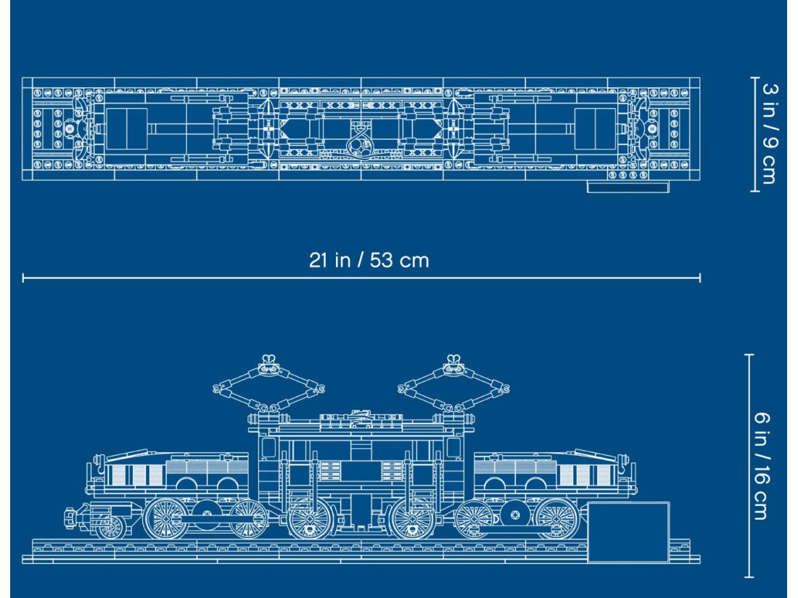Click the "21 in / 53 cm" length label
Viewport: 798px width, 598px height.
pyautogui.click(x=369, y=260)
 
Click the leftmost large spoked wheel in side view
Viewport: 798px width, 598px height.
pyautogui.click(x=166, y=520)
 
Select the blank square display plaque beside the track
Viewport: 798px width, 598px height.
pyautogui.click(x=628, y=532)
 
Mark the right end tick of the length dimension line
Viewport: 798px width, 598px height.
pyautogui.click(x=700, y=277)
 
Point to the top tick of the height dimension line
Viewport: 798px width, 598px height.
pyautogui.click(x=750, y=355)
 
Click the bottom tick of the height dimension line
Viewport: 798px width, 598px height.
pyautogui.click(x=750, y=578)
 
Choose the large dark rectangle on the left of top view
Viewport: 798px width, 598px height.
pyautogui.click(x=127, y=128)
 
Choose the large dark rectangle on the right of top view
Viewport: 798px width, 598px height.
pyautogui.click(x=595, y=128)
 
